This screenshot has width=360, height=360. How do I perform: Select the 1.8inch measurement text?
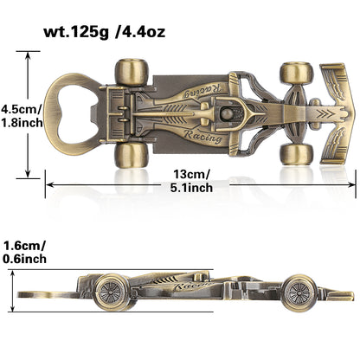(x=18, y=125)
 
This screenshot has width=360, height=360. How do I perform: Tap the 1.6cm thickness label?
(x=23, y=245)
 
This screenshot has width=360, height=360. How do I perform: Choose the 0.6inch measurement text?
(x=23, y=260)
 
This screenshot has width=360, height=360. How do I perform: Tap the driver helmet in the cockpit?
(x=227, y=112)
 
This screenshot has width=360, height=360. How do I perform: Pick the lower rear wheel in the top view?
(x=133, y=154)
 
